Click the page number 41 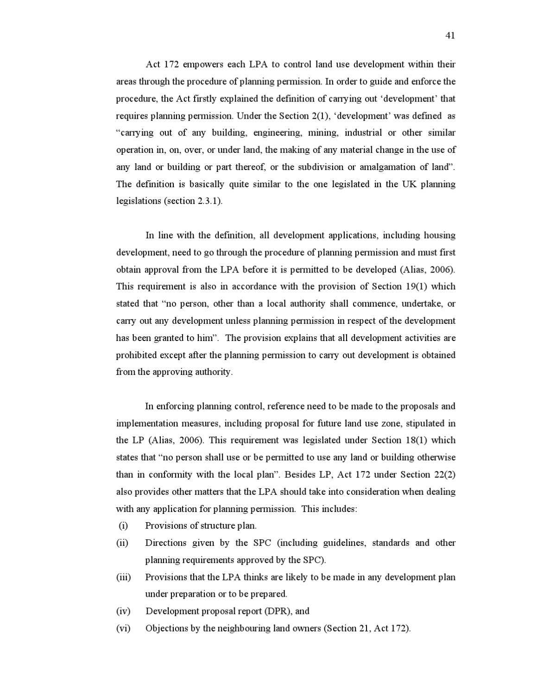click(450, 35)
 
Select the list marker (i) click(123, 526)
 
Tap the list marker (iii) click(123, 577)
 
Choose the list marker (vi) click(123, 629)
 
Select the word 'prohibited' click(136, 355)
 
